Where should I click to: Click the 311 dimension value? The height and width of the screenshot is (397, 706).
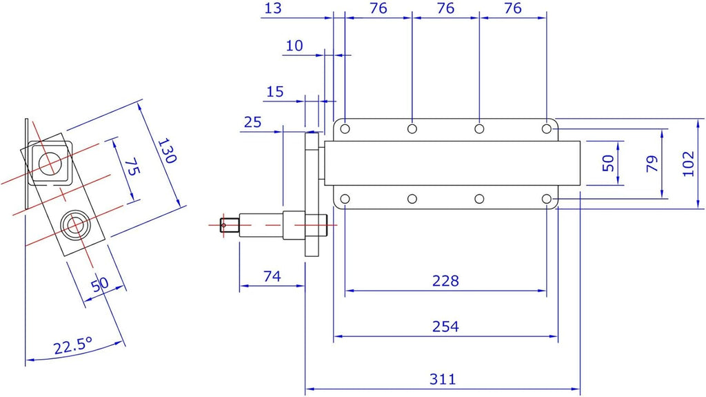coord(443,379)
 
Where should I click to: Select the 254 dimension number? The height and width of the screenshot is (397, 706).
coord(445,326)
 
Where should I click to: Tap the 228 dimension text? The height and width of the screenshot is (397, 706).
coord(445,280)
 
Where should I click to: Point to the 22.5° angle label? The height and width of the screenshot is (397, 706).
coord(73,346)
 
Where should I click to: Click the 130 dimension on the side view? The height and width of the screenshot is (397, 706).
coord(167,151)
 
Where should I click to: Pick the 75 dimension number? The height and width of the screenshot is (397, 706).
coord(132,166)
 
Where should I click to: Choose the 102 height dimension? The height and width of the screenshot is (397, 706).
coord(689,164)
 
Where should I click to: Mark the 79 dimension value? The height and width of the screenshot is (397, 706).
coord(652,164)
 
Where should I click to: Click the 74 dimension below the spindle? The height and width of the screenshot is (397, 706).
coord(272,276)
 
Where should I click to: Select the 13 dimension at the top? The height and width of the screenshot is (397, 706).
coord(273,8)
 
